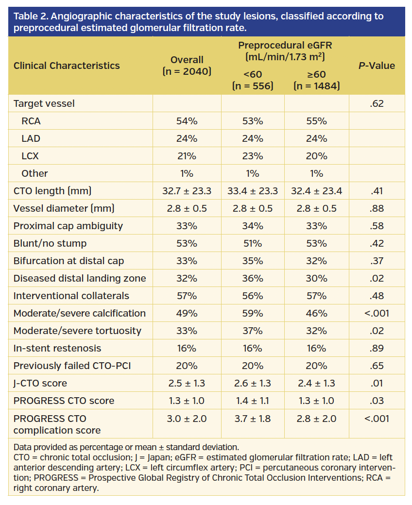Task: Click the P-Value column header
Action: [x=377, y=66]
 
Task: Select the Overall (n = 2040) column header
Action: [x=187, y=66]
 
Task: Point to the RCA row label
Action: [x=31, y=121]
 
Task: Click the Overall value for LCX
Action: [x=187, y=156]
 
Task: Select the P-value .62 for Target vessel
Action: [x=377, y=103]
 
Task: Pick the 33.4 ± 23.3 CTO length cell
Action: [x=253, y=191]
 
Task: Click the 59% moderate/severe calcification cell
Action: [x=253, y=313]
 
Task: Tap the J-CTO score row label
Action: [x=40, y=383]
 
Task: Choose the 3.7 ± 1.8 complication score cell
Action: [x=253, y=419]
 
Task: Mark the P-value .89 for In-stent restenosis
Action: [x=377, y=348]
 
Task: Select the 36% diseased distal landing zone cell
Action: [x=253, y=278]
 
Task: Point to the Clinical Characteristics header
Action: [x=67, y=66]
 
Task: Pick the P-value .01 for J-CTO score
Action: [x=377, y=383]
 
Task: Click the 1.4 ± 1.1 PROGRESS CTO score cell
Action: [x=253, y=401]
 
